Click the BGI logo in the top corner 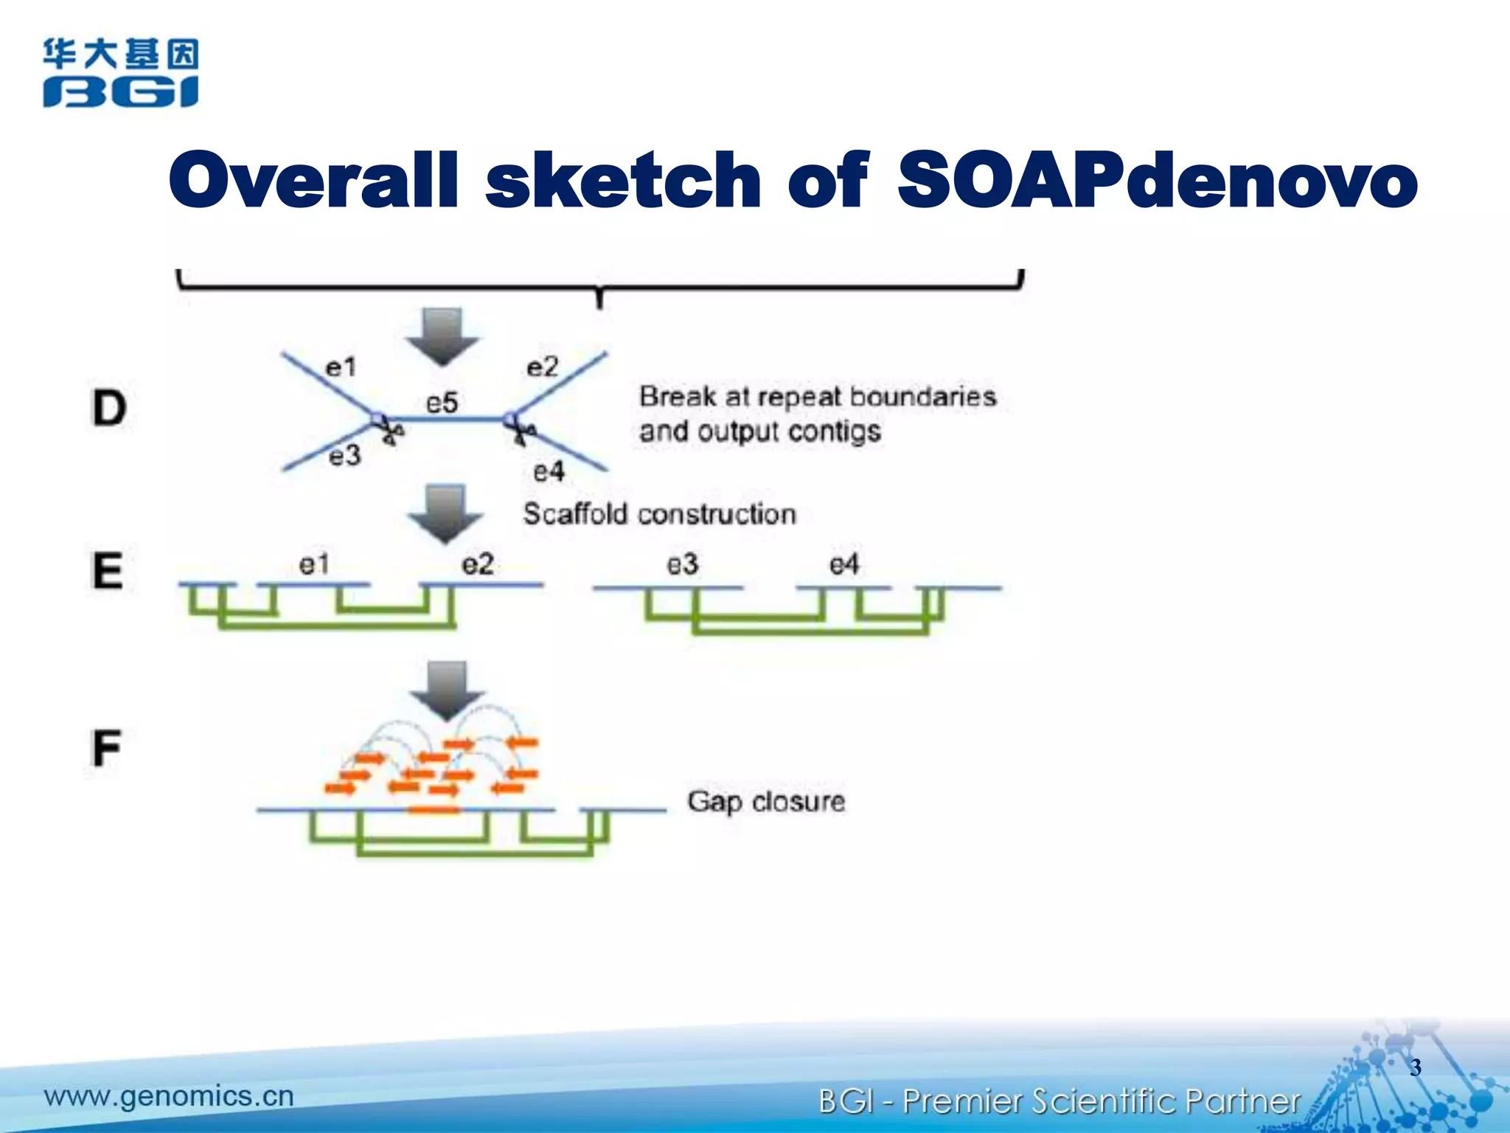coord(120,73)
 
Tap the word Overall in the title coord(314,180)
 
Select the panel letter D coord(109,408)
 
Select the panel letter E coord(107,570)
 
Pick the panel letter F coord(107,748)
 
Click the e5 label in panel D coord(442,403)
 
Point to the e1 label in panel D coord(341,367)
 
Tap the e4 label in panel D coord(549,471)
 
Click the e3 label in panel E coord(682,564)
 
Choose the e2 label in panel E coord(478,564)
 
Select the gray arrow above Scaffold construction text coord(445,513)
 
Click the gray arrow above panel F coord(447,690)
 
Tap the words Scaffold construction coord(660,514)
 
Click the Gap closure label coord(766,802)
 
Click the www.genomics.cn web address coord(169,1096)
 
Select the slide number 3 coord(1415,1067)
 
